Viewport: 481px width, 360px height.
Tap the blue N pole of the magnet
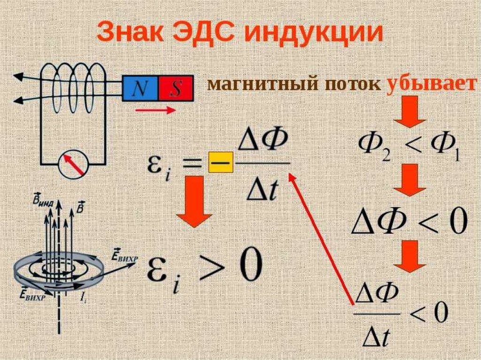[x=140, y=88]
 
